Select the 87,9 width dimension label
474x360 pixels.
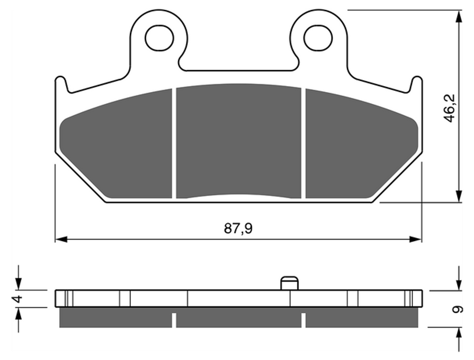point(238,229)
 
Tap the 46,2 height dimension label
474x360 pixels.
point(450,108)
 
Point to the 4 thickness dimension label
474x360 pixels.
point(18,299)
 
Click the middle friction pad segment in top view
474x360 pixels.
point(238,141)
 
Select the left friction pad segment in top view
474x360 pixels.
point(116,143)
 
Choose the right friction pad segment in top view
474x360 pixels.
point(362,143)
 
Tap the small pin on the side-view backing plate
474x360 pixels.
point(290,283)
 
